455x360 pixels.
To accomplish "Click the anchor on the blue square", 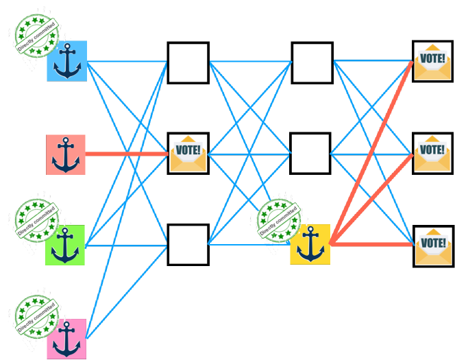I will tap(67, 61).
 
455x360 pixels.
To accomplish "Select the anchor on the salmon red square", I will tap(66, 154).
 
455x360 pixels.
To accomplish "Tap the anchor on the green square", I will tap(65, 245).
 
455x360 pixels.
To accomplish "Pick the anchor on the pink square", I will tap(66, 338).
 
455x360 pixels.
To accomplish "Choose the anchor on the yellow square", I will tap(310, 244).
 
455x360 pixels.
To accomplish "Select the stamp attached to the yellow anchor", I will tap(279, 221).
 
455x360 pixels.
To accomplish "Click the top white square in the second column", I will tap(188, 62).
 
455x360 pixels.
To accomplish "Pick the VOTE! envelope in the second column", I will tap(188, 154).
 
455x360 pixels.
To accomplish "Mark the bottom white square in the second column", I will tap(188, 244).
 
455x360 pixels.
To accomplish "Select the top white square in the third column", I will tap(312, 62).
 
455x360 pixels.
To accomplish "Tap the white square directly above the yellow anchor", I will tap(310, 154).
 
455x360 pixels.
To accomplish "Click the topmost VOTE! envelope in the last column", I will tap(432, 62).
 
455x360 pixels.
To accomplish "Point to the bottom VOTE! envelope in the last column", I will tap(433, 245).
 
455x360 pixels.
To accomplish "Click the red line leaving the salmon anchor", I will tap(127, 154).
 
